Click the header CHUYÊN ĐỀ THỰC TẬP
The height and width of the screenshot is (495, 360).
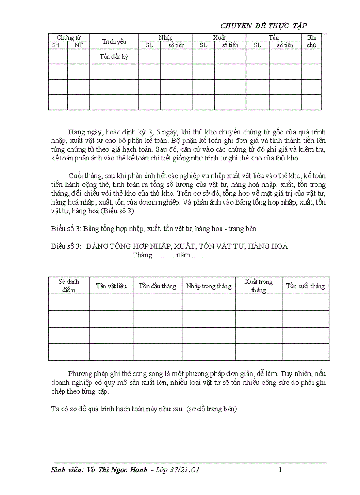click(x=270, y=26)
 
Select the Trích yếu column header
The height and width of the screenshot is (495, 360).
click(x=114, y=41)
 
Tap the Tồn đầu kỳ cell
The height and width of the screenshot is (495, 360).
click(x=114, y=56)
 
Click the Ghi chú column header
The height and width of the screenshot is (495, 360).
click(x=311, y=41)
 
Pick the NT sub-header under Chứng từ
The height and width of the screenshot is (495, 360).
click(x=79, y=45)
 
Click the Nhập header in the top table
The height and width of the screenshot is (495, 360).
click(x=165, y=38)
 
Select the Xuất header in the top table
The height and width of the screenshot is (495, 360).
click(x=219, y=38)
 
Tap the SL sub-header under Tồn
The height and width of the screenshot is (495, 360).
click(x=257, y=45)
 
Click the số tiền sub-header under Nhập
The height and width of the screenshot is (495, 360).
click(x=176, y=45)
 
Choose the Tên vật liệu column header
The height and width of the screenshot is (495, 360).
click(x=111, y=286)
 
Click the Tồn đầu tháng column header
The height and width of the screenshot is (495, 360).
click(x=157, y=286)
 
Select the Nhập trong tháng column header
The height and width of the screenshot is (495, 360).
click(x=209, y=286)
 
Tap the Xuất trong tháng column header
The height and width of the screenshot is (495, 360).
click(x=259, y=286)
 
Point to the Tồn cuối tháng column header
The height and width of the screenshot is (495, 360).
click(x=305, y=286)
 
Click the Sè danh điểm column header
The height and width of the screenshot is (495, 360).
click(x=69, y=286)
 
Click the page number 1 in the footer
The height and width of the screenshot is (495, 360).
click(x=280, y=470)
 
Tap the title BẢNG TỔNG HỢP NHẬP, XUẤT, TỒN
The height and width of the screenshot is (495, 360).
click(x=187, y=246)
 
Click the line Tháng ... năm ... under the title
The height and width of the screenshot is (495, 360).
click(x=170, y=255)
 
